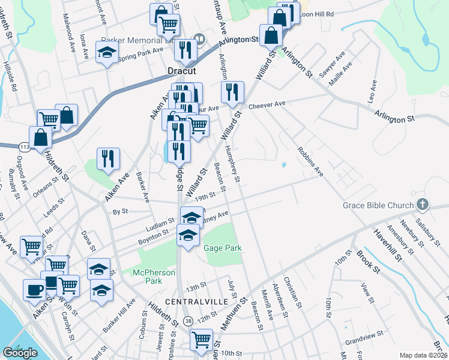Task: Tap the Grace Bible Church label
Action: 378,205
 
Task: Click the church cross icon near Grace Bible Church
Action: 423,205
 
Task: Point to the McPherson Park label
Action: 154,277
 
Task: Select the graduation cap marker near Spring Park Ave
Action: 107,54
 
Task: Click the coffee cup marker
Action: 34,290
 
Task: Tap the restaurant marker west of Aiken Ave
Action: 108,158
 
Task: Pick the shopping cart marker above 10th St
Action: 200,340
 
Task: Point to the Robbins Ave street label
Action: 310,161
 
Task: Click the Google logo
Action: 20,353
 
